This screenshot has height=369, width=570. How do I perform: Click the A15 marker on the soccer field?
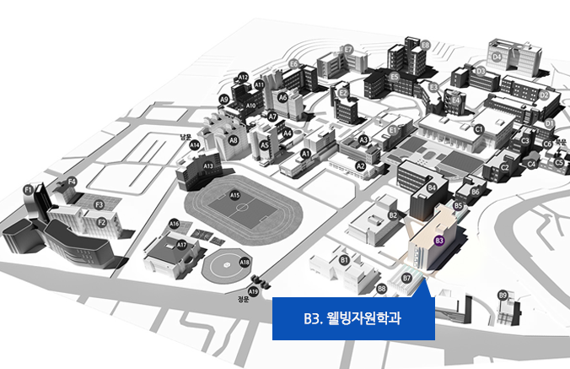(235, 196)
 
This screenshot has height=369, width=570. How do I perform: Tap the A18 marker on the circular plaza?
(245, 262)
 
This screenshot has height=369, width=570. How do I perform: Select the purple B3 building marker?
(438, 240)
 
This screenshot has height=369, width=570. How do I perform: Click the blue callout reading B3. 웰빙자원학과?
(353, 318)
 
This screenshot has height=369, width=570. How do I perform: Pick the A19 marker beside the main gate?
(253, 291)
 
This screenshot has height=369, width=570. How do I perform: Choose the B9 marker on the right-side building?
(503, 295)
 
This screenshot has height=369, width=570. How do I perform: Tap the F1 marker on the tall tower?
(28, 189)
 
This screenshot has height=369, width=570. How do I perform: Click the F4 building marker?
(72, 181)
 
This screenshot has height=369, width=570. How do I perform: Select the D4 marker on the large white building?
(497, 57)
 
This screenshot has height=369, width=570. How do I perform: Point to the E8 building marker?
(425, 44)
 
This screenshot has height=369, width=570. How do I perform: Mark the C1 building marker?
(478, 129)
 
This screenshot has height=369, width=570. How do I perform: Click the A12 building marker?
(243, 77)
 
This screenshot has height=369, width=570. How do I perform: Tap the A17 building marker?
(181, 244)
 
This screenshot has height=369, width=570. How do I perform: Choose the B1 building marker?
(344, 259)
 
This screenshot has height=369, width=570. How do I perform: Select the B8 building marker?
(382, 288)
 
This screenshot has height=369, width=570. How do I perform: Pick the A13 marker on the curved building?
(208, 166)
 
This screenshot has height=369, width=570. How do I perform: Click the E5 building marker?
(394, 77)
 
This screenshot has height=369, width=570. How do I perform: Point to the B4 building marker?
(432, 187)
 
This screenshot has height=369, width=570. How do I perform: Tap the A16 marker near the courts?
(174, 224)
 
